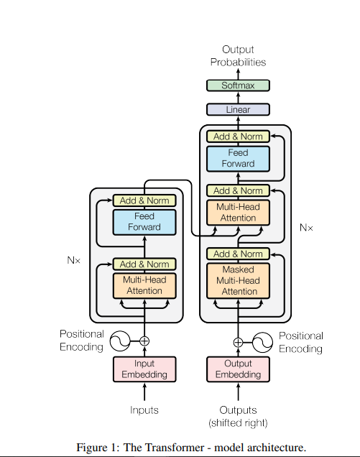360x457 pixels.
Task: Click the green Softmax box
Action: click(x=238, y=86)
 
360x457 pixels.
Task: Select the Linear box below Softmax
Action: click(x=238, y=110)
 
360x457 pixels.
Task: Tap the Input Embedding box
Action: click(x=144, y=369)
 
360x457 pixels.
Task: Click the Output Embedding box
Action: click(x=238, y=369)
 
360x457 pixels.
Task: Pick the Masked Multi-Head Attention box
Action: click(x=238, y=281)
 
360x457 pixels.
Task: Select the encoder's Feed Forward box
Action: click(x=144, y=222)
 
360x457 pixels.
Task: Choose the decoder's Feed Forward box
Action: click(x=238, y=158)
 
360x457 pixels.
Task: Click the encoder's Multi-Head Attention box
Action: click(x=144, y=285)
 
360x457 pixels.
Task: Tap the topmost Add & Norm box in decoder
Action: click(x=238, y=137)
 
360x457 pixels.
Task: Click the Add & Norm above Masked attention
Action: click(x=238, y=254)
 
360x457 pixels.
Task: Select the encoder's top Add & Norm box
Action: click(x=144, y=200)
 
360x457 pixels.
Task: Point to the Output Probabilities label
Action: click(x=238, y=56)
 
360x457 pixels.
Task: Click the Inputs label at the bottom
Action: click(x=144, y=410)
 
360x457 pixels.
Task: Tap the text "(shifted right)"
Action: click(x=238, y=423)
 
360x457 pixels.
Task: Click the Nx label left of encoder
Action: click(x=74, y=259)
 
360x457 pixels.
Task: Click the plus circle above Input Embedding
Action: click(x=144, y=341)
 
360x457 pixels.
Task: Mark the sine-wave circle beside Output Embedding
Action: click(x=263, y=341)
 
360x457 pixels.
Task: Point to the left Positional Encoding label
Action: click(x=81, y=341)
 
